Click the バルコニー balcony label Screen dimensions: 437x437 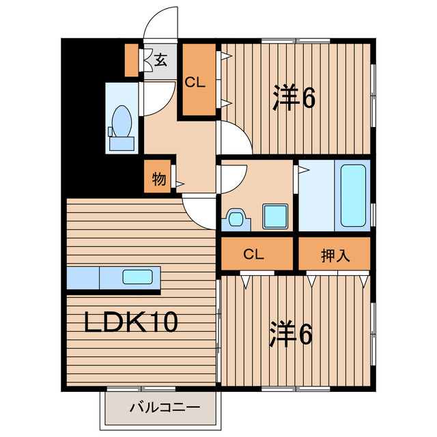165,408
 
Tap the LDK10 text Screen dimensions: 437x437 131,322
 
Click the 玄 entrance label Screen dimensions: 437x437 160,60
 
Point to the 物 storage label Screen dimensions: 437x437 158,180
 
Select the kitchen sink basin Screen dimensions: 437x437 137,277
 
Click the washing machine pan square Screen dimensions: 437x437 274,215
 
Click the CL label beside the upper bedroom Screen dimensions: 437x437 196,83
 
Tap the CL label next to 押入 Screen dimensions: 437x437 254,255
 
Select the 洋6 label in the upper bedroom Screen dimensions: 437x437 294,98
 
